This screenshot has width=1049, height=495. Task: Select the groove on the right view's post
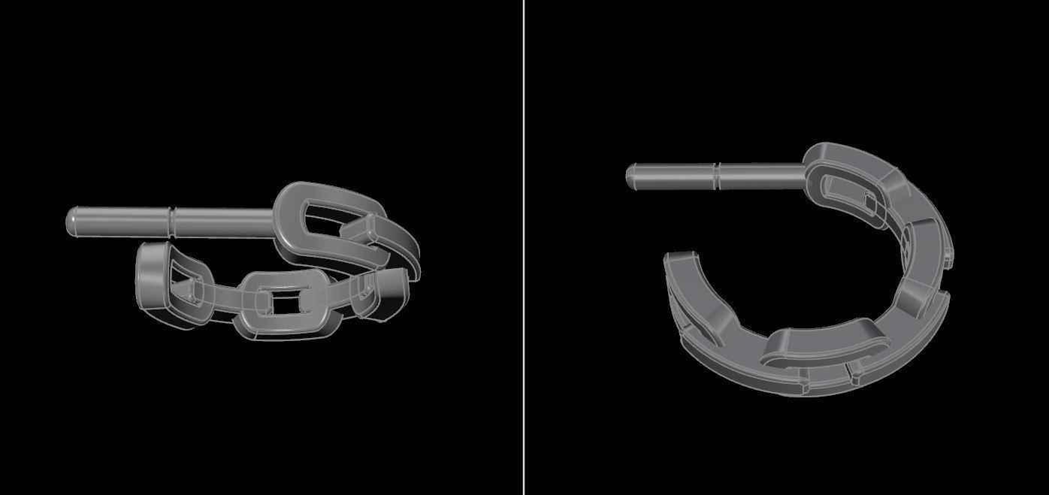717,177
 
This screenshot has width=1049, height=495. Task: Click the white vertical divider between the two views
524,247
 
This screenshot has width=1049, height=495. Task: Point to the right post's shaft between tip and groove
673,177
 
